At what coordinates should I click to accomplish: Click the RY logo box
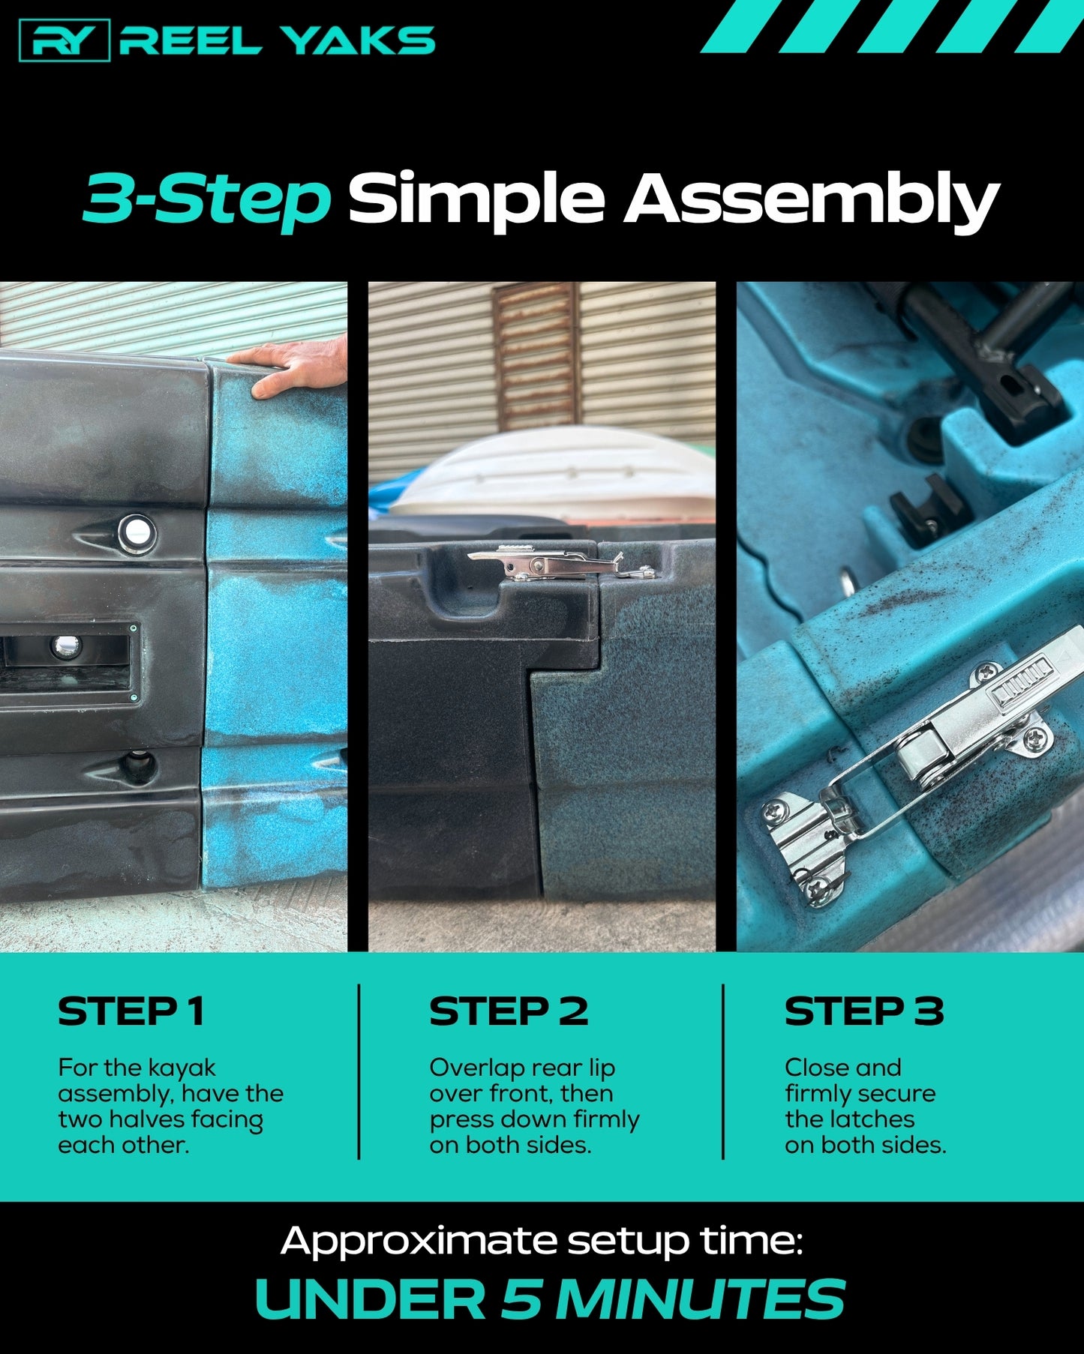coord(65,40)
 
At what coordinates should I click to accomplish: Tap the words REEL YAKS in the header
coord(278,40)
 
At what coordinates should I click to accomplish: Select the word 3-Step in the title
coord(207,199)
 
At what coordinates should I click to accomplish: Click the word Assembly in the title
coord(812,201)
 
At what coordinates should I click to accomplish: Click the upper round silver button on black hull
coord(137,532)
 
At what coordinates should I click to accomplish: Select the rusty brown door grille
coord(537,357)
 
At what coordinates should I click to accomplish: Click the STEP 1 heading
coord(131,1011)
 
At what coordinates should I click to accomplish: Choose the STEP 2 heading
coord(509,1011)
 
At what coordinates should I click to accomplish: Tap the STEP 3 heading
coord(864,1011)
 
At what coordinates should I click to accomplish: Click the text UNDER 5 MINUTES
coord(550,1299)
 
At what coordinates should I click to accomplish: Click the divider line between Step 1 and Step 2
coord(359,1071)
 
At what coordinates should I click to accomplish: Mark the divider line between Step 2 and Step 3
coord(723,1071)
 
